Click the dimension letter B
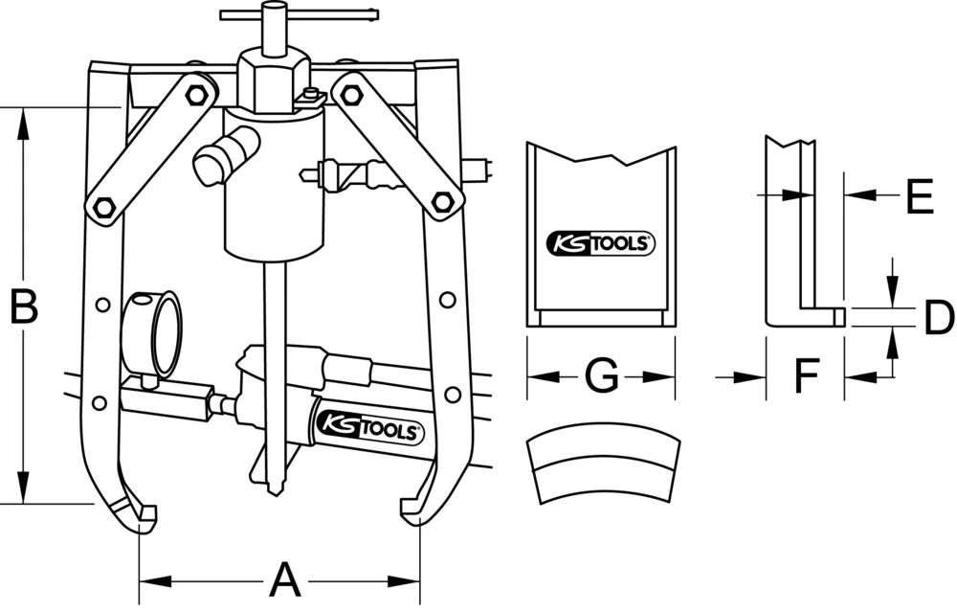(x=24, y=306)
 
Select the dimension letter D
(x=938, y=318)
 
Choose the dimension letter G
(x=601, y=376)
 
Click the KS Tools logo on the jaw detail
(x=600, y=243)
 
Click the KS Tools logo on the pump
(x=368, y=429)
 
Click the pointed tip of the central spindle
(x=274, y=488)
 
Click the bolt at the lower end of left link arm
(x=102, y=207)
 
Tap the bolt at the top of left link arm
(x=197, y=95)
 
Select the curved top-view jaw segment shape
(x=603, y=467)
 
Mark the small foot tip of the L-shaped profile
(x=838, y=316)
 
